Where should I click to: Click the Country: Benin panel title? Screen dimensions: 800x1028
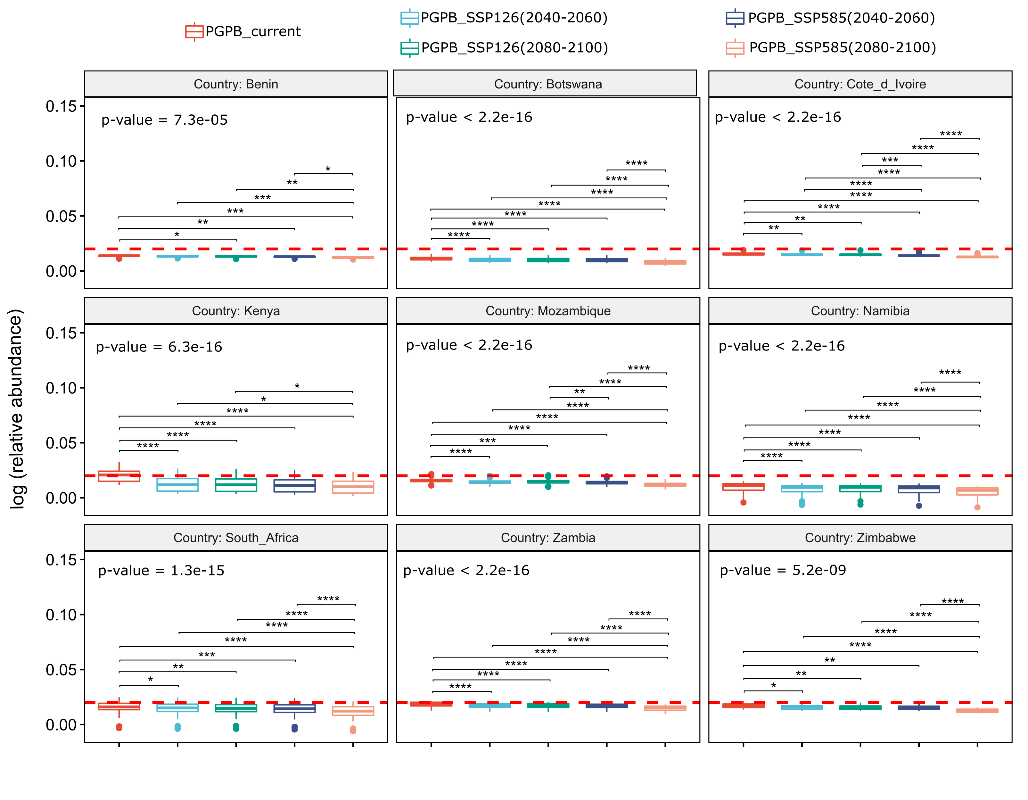click(236, 84)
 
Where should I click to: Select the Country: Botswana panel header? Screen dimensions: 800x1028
click(548, 84)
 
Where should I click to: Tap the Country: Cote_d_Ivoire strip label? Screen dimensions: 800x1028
click(860, 84)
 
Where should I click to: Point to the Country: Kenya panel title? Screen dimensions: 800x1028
click(236, 311)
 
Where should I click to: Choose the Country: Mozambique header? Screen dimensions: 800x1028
click(548, 311)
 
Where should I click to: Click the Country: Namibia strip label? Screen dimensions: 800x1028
click(860, 311)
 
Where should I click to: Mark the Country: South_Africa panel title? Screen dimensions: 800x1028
click(236, 538)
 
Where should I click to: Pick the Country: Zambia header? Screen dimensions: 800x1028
click(548, 538)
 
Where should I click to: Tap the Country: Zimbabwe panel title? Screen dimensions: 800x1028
click(860, 538)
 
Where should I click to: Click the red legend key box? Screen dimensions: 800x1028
click(194, 31)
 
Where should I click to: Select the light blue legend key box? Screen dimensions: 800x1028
click(409, 18)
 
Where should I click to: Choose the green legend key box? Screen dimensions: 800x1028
click(409, 48)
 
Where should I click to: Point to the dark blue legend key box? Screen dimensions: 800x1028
click(735, 18)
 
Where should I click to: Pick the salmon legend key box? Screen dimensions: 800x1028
click(735, 48)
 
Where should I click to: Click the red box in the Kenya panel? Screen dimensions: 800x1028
click(119, 476)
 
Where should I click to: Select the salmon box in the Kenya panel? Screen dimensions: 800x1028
click(353, 487)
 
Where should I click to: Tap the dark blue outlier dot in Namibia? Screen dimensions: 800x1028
click(919, 506)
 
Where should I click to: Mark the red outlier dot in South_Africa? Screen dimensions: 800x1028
click(119, 727)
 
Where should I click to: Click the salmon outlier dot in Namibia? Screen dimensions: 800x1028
click(977, 507)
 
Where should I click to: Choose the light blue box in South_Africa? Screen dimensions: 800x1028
click(177, 708)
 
